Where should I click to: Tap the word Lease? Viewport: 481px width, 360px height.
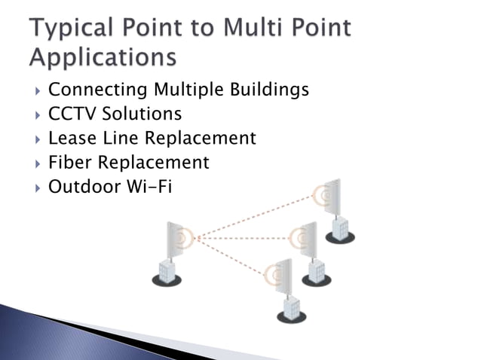[x=69, y=139]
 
